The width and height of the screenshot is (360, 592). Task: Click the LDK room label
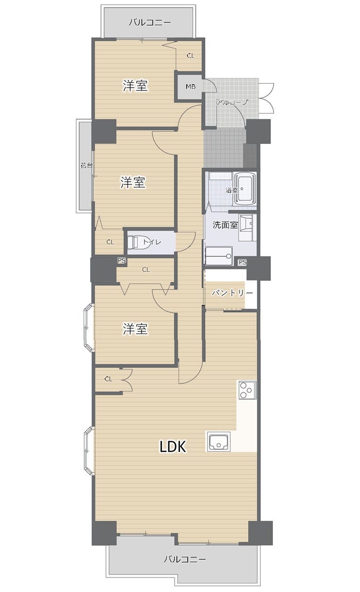pyautogui.click(x=173, y=446)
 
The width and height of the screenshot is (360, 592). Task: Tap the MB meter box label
pyautogui.click(x=191, y=87)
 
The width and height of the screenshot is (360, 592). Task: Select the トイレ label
pyautogui.click(x=152, y=242)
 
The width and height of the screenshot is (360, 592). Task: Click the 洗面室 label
pyautogui.click(x=225, y=225)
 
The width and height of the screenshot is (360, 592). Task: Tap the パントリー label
pyautogui.click(x=233, y=293)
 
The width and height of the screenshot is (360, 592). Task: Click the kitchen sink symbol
pyautogui.click(x=218, y=442)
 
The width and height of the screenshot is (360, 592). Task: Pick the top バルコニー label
pyautogui.click(x=150, y=22)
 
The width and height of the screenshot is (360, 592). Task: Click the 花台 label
pyautogui.click(x=87, y=166)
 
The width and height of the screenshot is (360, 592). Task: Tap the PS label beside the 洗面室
pyautogui.click(x=243, y=262)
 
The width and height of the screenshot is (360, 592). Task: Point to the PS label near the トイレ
pyautogui.click(x=122, y=260)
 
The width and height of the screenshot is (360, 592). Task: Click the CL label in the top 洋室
pyautogui.click(x=191, y=56)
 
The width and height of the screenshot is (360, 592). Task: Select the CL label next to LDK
pyautogui.click(x=108, y=379)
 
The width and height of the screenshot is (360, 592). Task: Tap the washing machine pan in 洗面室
pyautogui.click(x=218, y=256)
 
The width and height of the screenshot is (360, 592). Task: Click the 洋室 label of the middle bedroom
pyautogui.click(x=133, y=182)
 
